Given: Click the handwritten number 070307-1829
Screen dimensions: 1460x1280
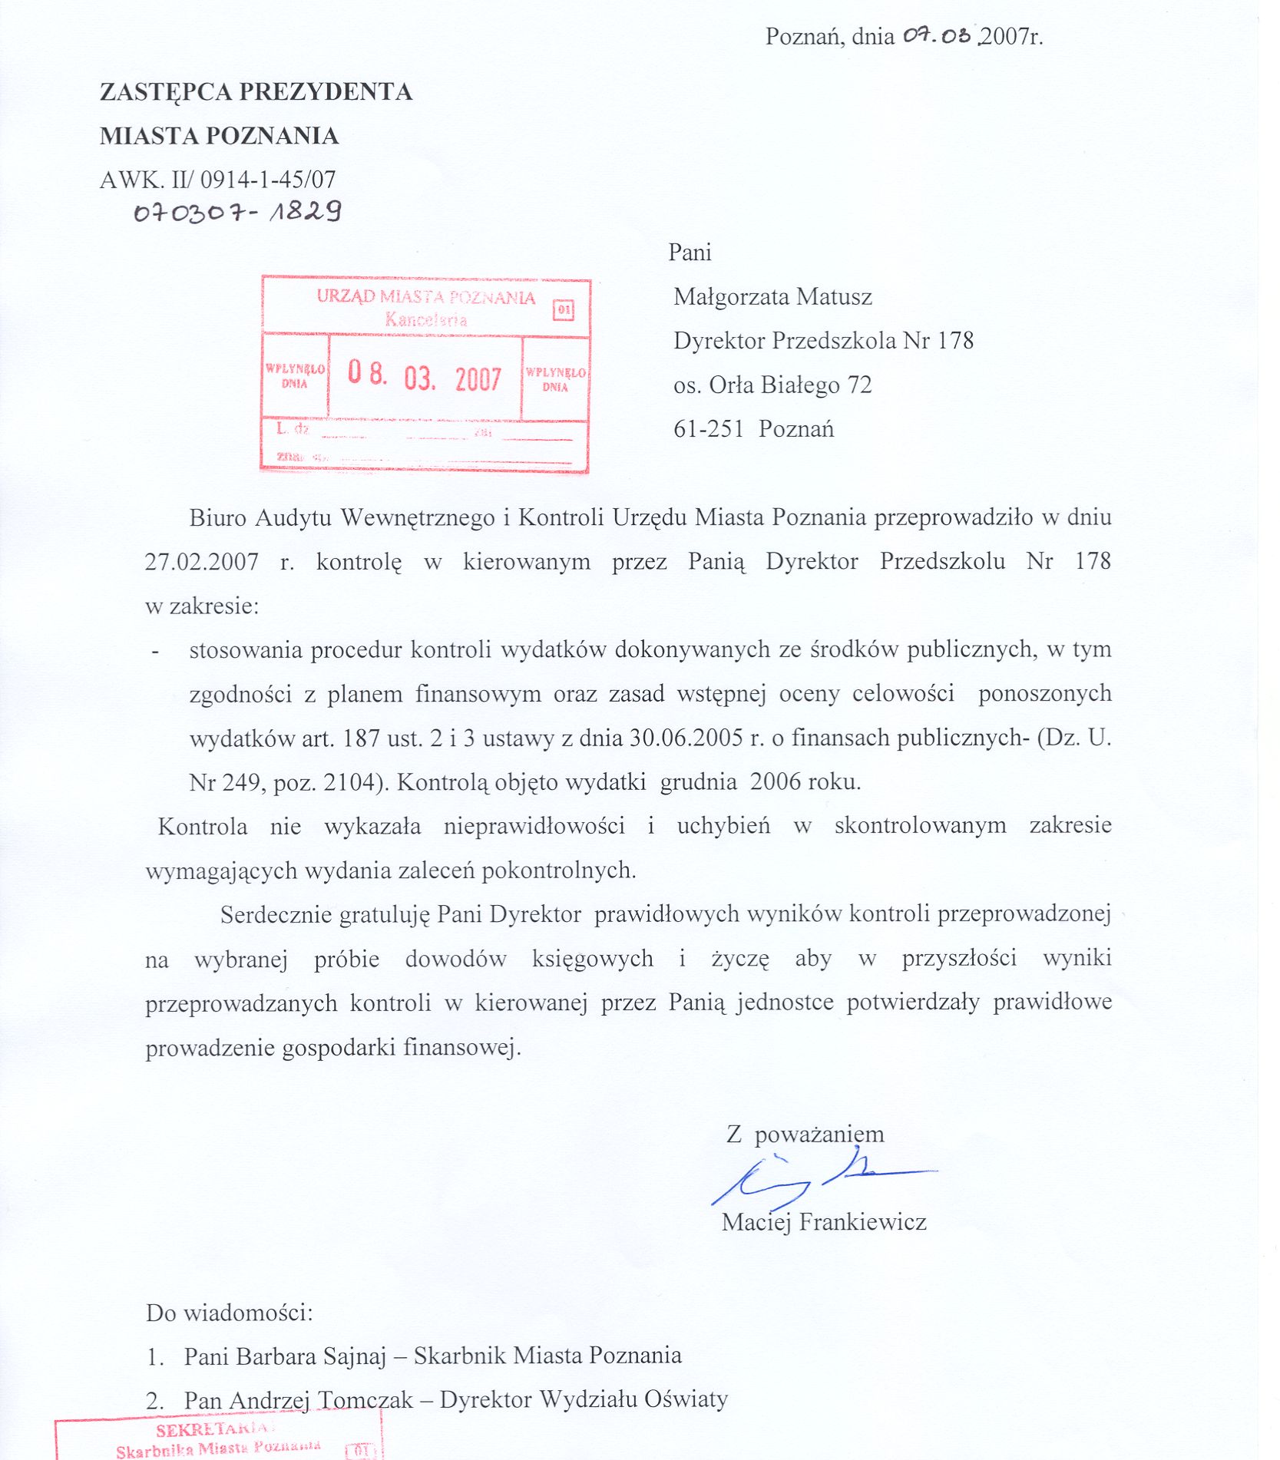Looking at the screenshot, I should (237, 212).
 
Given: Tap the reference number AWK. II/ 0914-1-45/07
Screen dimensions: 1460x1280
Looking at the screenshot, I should (217, 180).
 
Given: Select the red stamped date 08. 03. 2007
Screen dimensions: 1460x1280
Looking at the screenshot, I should (424, 376).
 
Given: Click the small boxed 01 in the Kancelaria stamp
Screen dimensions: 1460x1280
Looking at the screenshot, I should (563, 310).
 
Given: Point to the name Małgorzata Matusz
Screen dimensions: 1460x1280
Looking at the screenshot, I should (772, 296).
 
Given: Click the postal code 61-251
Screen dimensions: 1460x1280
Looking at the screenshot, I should (708, 429).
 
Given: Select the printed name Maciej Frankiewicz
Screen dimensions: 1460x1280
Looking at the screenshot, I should (824, 1221).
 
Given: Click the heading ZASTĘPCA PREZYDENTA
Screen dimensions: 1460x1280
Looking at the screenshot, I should (256, 92).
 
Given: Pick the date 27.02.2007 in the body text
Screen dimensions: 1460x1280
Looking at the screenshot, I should (201, 562).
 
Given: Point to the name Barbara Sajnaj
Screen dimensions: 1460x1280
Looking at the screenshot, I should (310, 1356).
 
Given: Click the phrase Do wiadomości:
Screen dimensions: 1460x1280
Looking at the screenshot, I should (230, 1312).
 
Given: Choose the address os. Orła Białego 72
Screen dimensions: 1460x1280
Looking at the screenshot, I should (772, 385).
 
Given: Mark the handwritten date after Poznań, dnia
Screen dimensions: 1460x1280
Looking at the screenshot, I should (937, 35).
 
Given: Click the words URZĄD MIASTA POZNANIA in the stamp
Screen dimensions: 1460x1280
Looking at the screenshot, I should (426, 297).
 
